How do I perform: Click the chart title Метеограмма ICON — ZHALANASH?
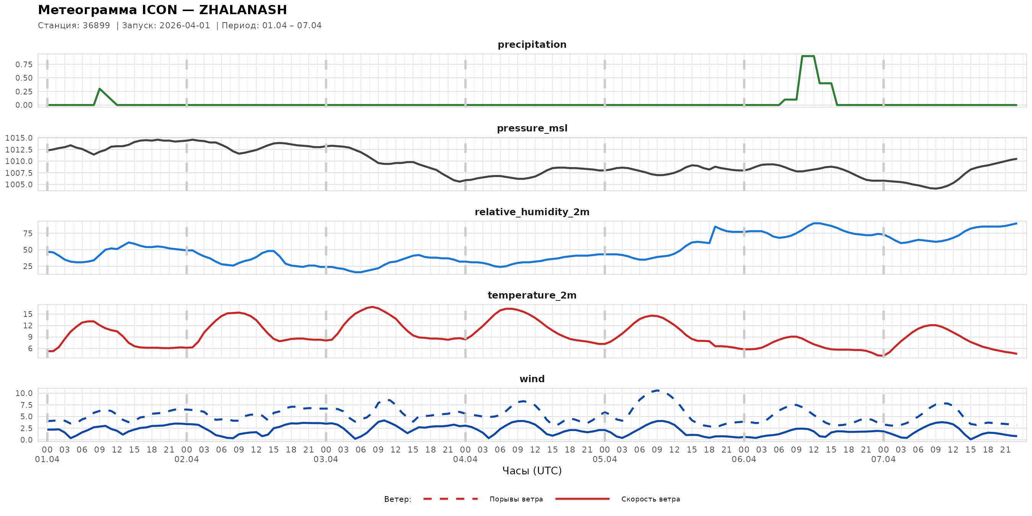162,10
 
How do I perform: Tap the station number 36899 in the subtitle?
96,26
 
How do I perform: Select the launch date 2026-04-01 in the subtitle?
185,26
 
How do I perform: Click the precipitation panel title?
532,44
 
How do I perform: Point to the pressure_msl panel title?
532,128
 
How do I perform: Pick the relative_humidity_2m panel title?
532,212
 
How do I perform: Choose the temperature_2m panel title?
532,295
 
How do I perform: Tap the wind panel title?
532,379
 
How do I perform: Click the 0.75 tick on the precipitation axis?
24,65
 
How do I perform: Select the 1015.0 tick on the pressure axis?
19,138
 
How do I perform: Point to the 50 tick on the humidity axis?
28,250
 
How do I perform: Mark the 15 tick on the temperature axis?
28,314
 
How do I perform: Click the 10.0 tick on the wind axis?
24,393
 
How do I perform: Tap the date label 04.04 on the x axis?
465,459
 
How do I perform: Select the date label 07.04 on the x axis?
883,459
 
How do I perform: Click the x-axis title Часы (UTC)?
532,471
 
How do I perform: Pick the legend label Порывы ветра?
516,499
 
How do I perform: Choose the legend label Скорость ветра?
651,499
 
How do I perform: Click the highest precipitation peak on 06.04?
808,56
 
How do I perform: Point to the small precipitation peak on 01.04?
99,89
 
